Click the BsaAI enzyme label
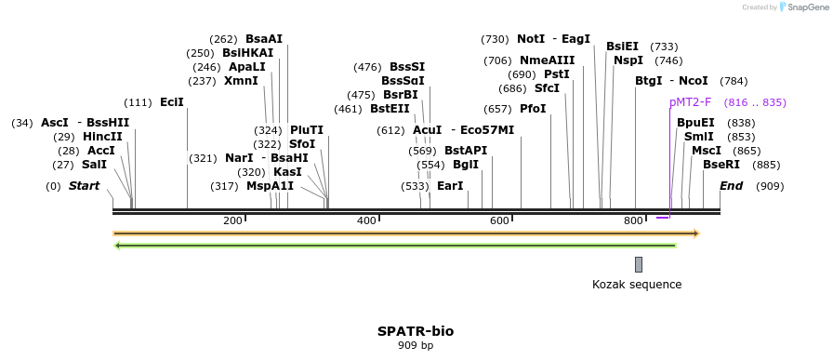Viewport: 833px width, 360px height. pos(264,39)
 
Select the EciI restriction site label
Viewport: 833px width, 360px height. pos(172,102)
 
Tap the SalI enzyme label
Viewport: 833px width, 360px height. pos(94,165)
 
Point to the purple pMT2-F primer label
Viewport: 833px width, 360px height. pos(690,102)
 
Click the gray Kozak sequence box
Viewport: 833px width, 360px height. pos(639,264)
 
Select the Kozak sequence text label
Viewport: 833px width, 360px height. pos(637,285)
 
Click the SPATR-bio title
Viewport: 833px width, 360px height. pos(416,331)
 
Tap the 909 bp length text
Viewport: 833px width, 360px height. pos(416,346)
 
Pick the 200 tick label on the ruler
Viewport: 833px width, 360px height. pos(232,220)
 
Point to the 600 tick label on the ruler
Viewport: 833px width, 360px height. pos(500,220)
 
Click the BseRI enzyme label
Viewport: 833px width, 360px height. pos(721,165)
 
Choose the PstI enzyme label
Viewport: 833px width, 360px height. pos(557,74)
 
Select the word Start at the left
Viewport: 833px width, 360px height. pos(84,186)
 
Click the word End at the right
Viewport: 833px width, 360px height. pos(731,186)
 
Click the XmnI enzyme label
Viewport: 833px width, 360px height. pos(241,81)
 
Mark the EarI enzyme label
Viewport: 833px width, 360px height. pos(450,186)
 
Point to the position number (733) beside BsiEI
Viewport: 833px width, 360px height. pos(664,47)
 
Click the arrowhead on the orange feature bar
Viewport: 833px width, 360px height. pos(695,233)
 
